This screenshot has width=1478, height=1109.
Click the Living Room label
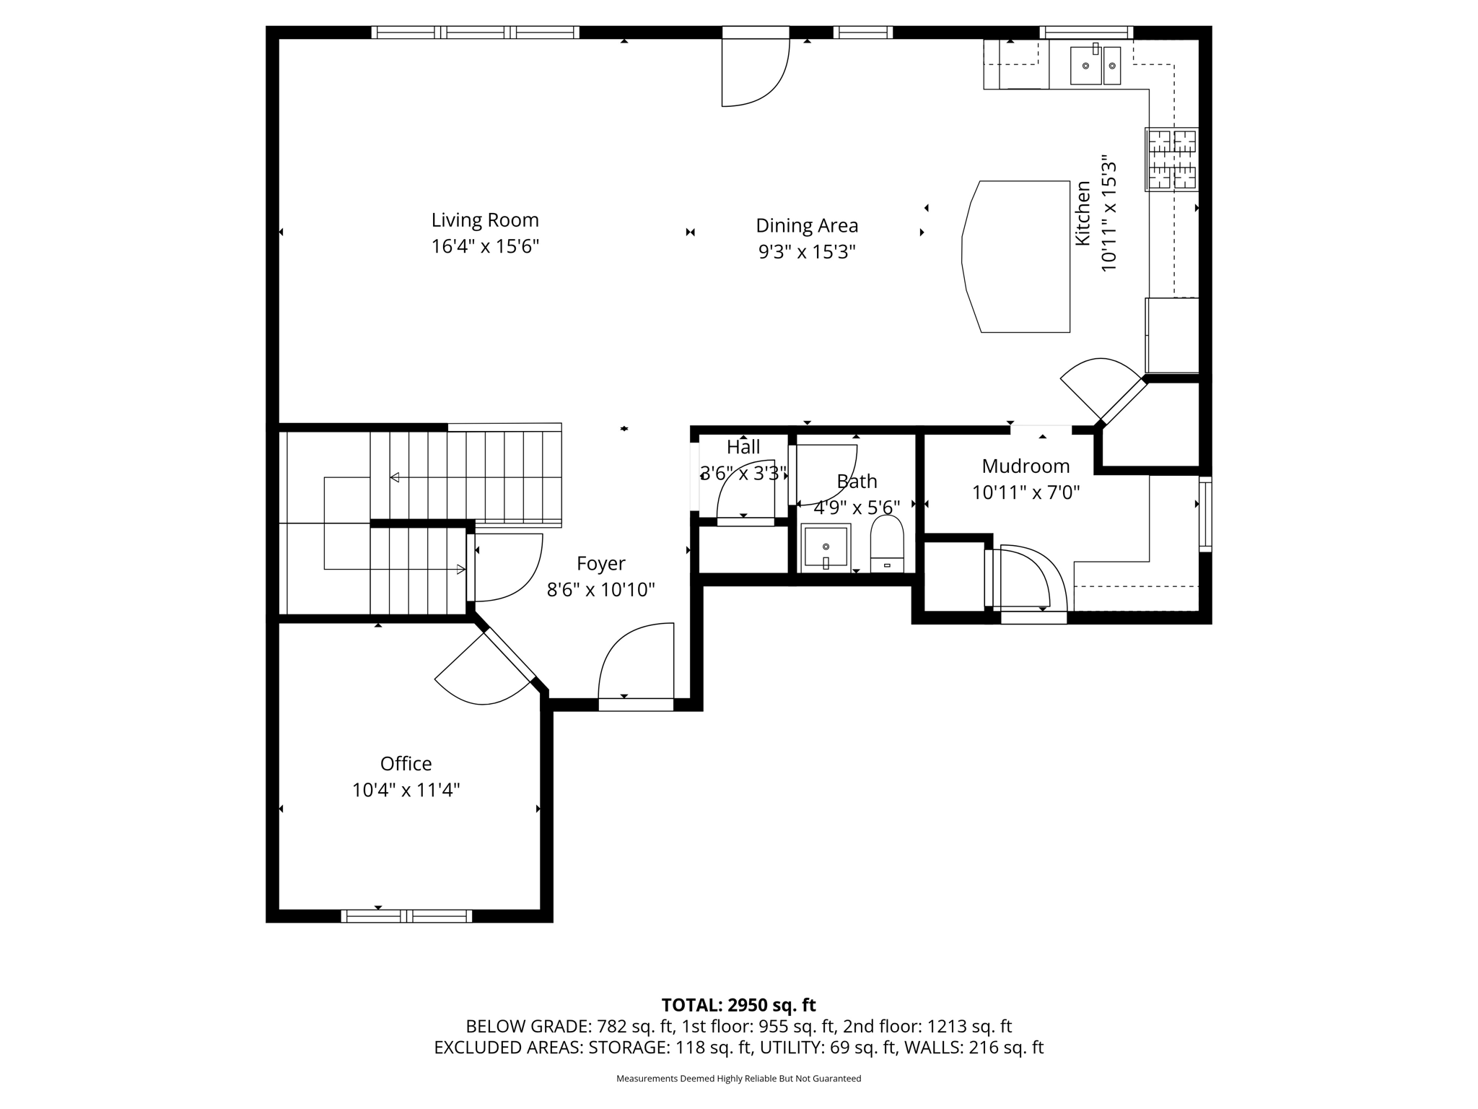tap(485, 220)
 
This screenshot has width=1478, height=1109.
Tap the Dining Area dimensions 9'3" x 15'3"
tap(806, 252)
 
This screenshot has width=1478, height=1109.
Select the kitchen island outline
tap(1018, 256)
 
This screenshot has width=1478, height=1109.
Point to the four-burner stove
tap(1171, 159)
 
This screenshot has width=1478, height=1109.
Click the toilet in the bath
tap(887, 544)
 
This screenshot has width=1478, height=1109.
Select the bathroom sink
tap(826, 547)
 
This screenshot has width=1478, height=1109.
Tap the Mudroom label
tap(1025, 466)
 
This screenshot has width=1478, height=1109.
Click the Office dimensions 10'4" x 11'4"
tap(406, 790)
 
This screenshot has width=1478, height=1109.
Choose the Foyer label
tap(600, 563)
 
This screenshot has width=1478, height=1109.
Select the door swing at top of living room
tap(754, 72)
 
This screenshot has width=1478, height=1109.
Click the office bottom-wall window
tap(406, 916)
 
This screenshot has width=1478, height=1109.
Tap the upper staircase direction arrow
tap(395, 477)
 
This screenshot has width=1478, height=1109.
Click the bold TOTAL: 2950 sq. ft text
tap(738, 1004)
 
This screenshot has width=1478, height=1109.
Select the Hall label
tap(743, 447)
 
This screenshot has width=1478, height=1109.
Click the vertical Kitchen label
tap(1083, 214)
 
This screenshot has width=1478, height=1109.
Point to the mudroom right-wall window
tap(1204, 514)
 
